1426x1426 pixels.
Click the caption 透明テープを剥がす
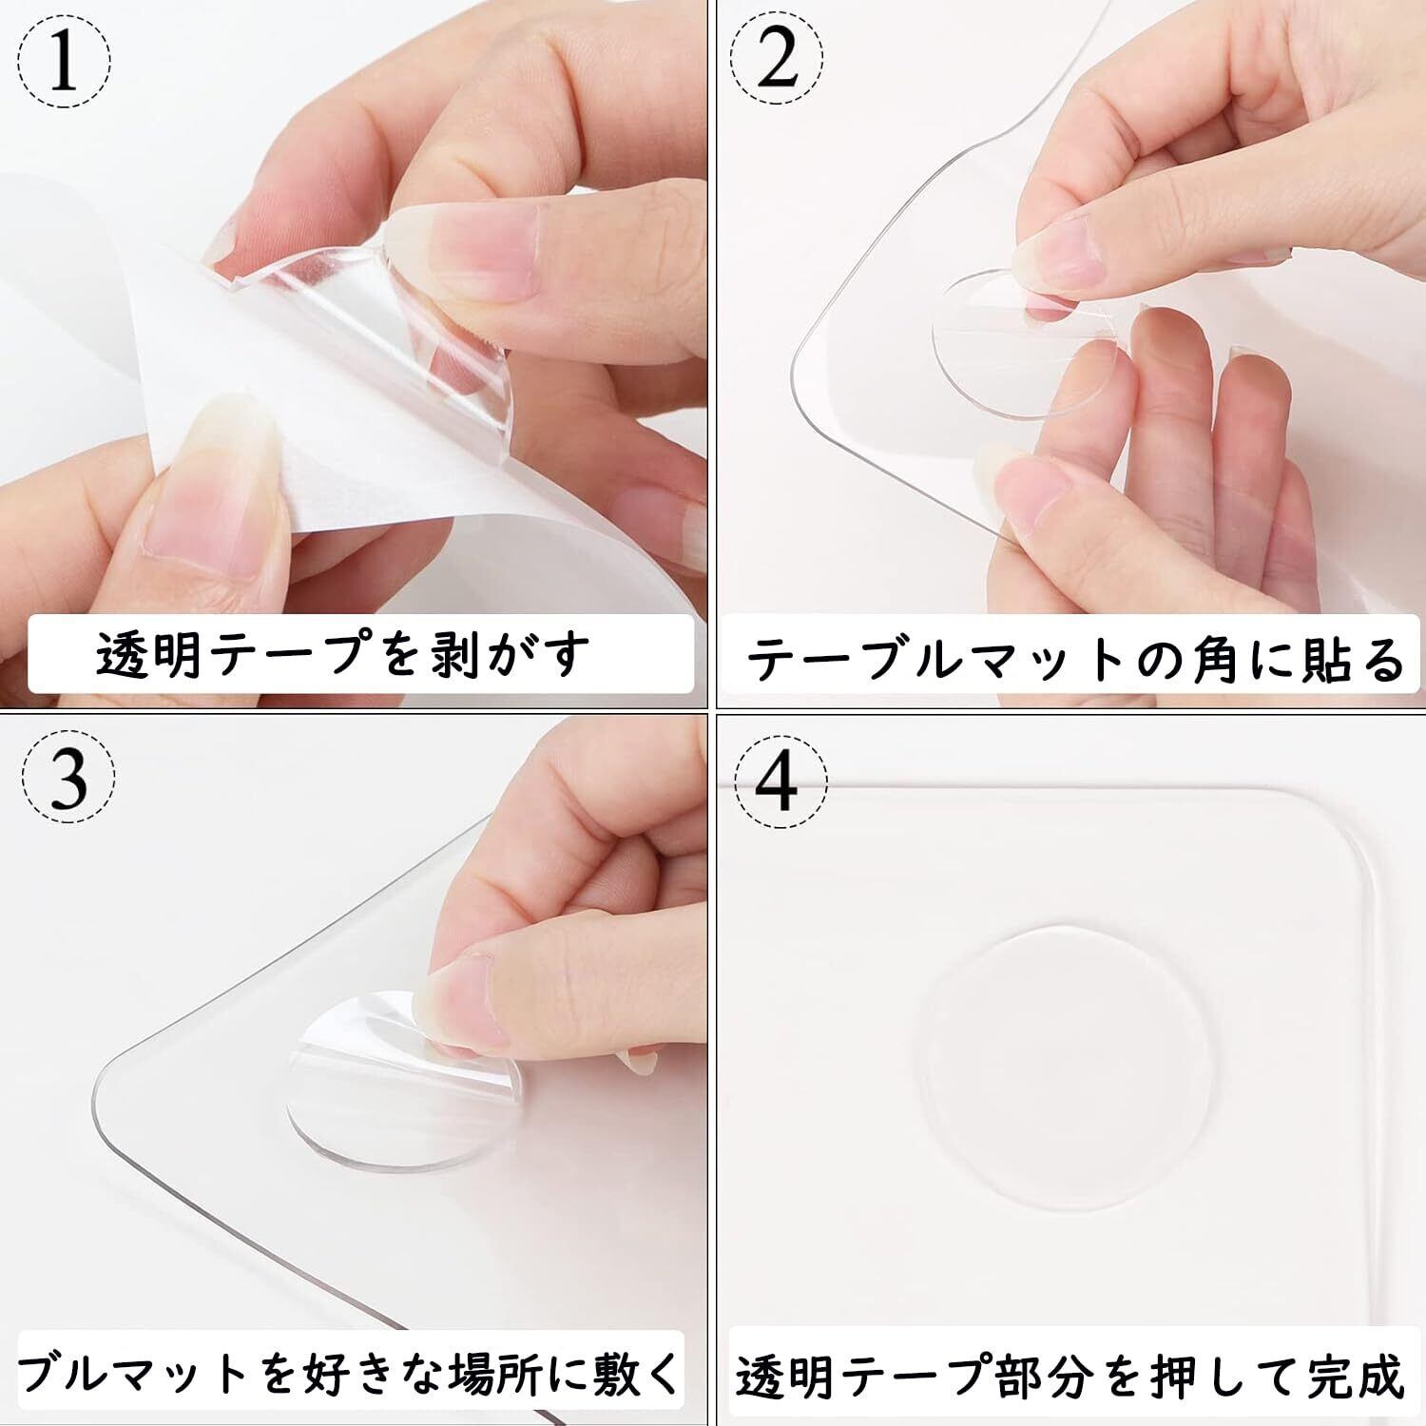point(343,653)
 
